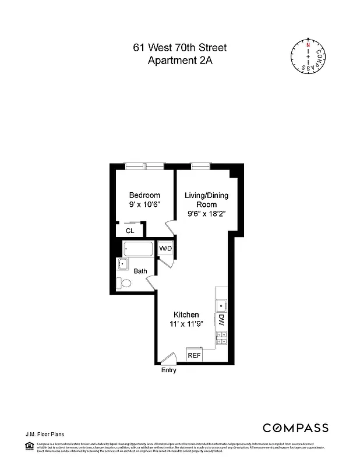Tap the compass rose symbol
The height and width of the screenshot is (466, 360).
308,57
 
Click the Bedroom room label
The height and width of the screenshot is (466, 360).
144,195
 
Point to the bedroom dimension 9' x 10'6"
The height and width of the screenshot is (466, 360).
144,205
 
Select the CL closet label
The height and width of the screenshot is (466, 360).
130,231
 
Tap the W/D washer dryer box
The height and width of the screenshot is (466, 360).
166,249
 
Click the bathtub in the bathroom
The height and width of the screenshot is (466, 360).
138,249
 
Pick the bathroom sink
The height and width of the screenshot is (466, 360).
123,265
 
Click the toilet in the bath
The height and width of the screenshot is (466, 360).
123,284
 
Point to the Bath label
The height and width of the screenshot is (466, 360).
140,271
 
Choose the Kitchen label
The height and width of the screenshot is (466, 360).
185,315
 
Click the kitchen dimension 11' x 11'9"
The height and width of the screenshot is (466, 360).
185,324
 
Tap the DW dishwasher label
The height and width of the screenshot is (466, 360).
221,320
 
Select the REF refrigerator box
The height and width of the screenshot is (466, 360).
194,355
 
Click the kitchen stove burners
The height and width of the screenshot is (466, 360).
221,336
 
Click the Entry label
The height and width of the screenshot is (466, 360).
168,370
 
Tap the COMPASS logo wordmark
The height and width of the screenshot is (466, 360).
295,428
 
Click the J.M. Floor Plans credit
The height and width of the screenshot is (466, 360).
44,434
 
